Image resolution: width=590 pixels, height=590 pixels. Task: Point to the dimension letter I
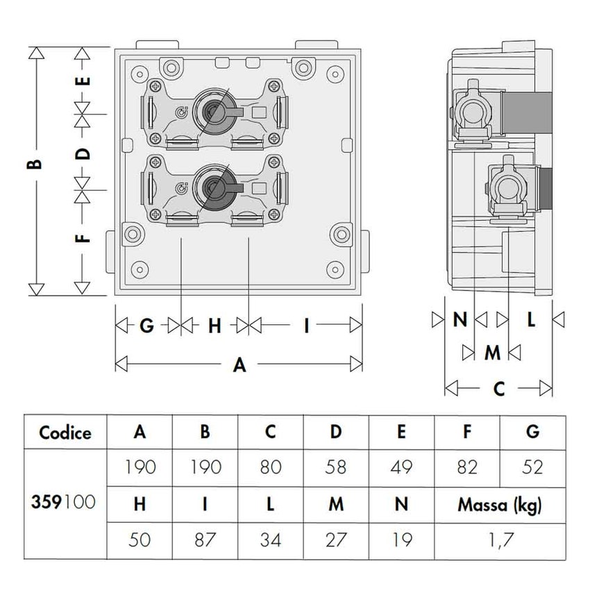coord(306,325)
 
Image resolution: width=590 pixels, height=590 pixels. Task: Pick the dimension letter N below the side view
coord(460,319)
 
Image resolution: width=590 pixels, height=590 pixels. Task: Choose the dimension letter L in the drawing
coord(531,319)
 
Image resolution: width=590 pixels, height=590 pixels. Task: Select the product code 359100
coord(65,502)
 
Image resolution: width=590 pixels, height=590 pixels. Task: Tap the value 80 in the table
coord(270,466)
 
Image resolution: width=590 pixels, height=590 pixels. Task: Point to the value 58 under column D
coord(335,466)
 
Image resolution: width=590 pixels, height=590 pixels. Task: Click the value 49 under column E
coord(401,466)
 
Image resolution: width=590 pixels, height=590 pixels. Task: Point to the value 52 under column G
coord(532,466)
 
